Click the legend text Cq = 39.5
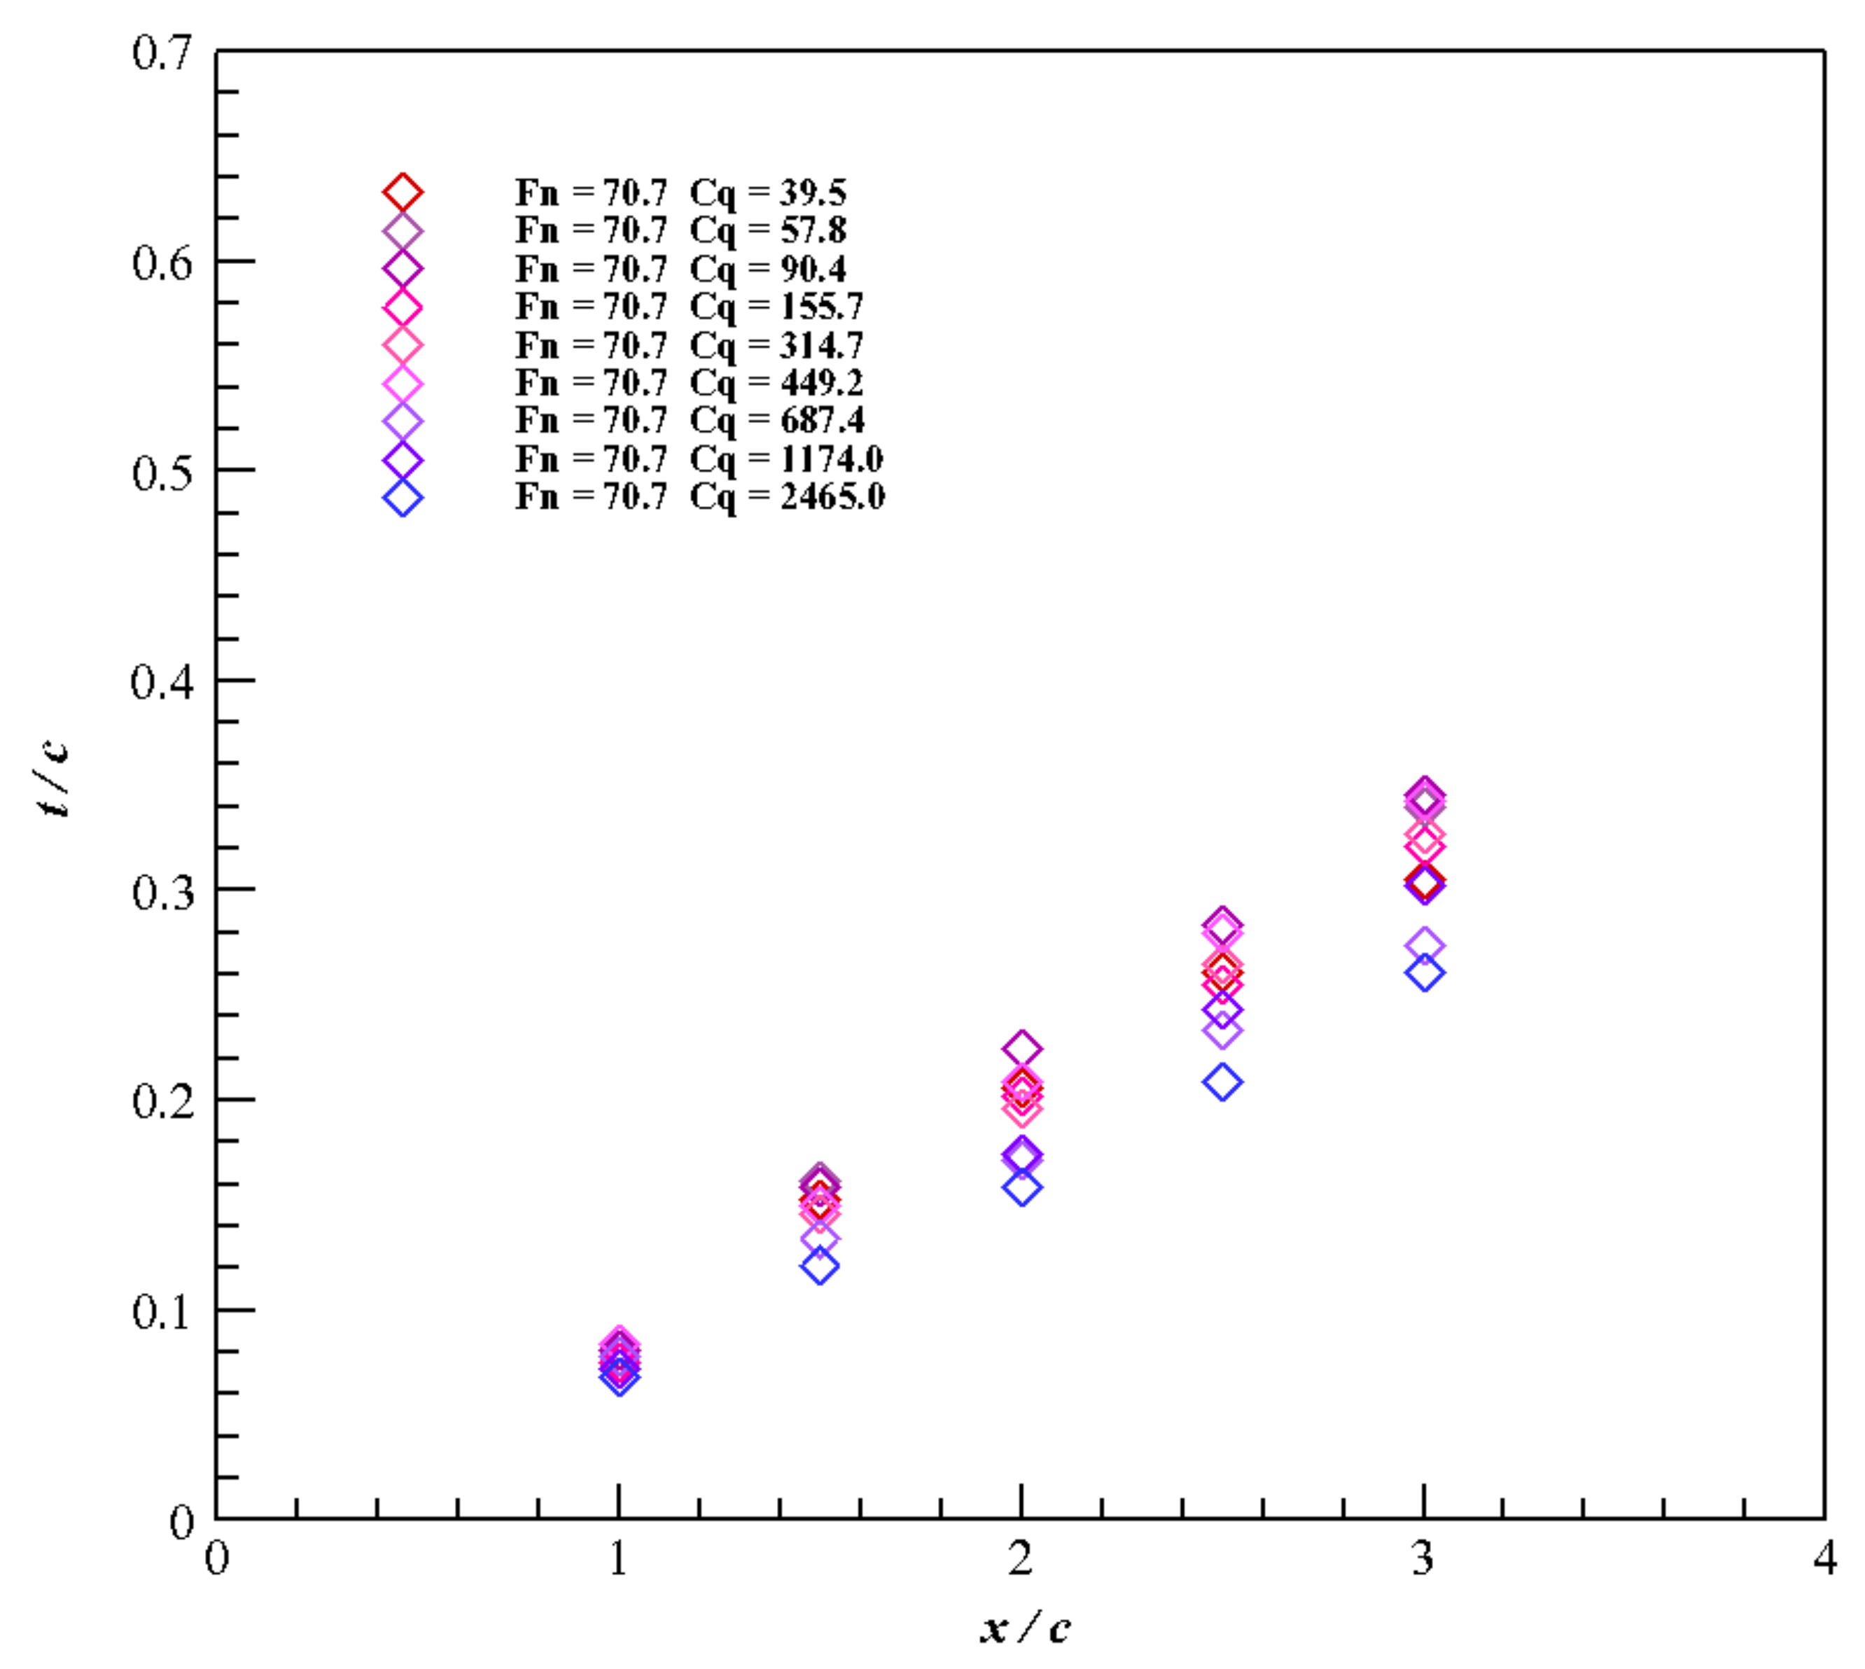tap(680, 193)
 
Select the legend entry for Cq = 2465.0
tap(699, 496)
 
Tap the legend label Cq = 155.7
tap(689, 307)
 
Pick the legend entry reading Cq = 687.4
tap(689, 420)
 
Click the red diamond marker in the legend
tap(403, 193)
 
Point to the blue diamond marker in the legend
tap(403, 498)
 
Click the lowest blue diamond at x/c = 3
tap(1424, 973)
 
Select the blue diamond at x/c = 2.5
tap(1222, 1082)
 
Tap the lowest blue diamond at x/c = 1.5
tap(820, 1267)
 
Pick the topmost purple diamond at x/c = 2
tap(1021, 1048)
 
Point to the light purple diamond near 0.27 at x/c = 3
tap(1424, 944)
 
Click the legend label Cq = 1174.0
tap(698, 459)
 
